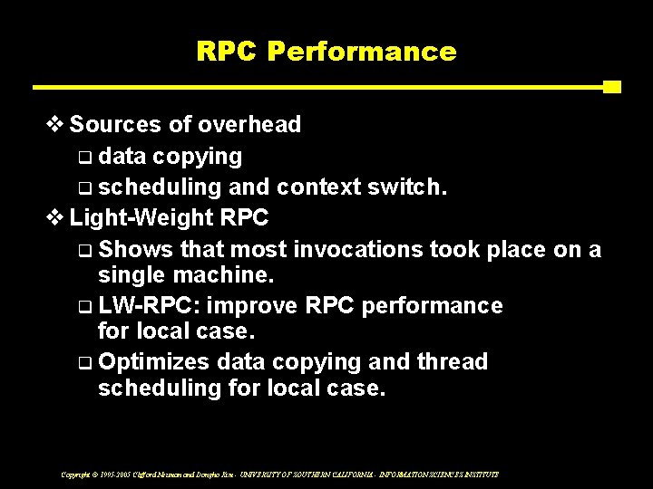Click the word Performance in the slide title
coord(361,52)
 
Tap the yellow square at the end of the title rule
coord(611,87)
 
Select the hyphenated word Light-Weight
coord(142,218)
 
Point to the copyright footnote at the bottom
coord(279,474)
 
